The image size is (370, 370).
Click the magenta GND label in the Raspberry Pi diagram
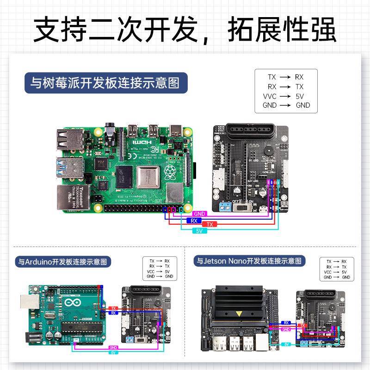point(199,214)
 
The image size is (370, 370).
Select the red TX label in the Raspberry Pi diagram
point(210,224)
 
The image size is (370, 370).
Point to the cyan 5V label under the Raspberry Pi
point(199,230)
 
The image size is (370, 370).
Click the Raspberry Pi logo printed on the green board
point(170,174)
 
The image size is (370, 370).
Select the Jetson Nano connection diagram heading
point(247,261)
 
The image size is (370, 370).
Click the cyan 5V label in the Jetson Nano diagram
point(287,344)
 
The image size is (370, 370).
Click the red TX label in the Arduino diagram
point(113,308)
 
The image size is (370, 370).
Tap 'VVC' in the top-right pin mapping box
point(270,96)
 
